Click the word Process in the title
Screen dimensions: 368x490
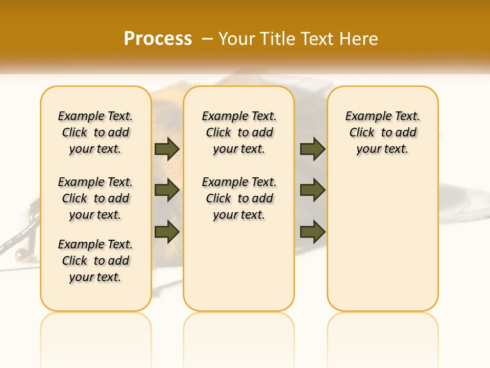(158, 39)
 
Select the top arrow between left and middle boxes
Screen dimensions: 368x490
(167, 149)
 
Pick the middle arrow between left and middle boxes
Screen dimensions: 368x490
(167, 190)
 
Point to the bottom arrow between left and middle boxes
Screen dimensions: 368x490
(167, 232)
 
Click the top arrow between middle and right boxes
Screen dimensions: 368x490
(312, 149)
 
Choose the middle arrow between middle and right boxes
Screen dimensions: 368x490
(312, 190)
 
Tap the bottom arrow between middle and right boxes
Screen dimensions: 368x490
(312, 232)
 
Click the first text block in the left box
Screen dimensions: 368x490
(95, 132)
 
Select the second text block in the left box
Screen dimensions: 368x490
(95, 198)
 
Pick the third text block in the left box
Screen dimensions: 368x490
(95, 261)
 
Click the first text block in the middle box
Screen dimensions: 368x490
(239, 132)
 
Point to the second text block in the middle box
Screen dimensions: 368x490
(239, 198)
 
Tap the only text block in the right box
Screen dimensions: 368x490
(382, 132)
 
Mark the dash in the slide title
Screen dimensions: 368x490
(207, 39)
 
